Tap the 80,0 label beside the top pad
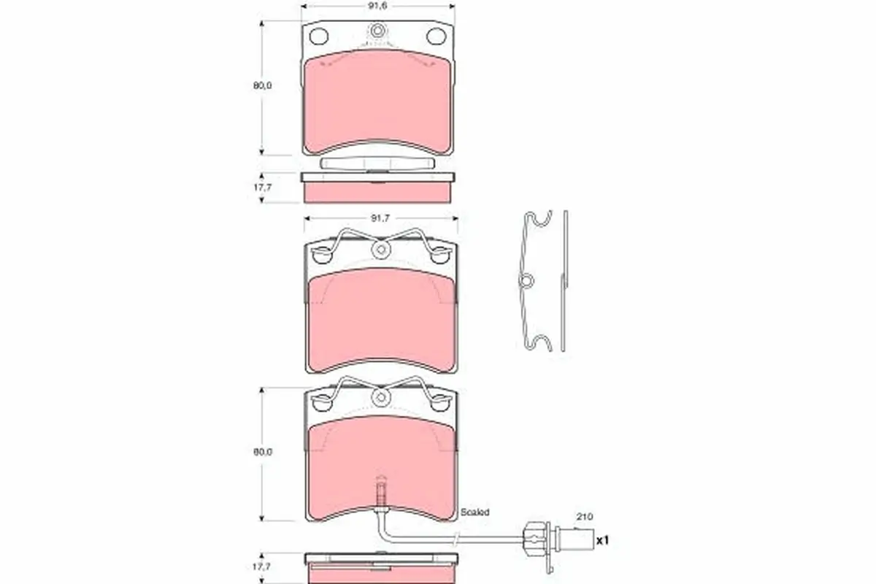tap(263, 85)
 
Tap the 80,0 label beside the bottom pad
tap(263, 452)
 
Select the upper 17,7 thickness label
tap(263, 186)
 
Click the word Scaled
tap(475, 512)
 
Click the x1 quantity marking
tap(602, 541)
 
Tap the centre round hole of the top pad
tap(377, 32)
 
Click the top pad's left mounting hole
tap(318, 36)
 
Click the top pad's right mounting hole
tap(437, 36)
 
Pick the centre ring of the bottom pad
tap(380, 396)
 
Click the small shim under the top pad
tap(377, 164)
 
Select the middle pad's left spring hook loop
tap(321, 255)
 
